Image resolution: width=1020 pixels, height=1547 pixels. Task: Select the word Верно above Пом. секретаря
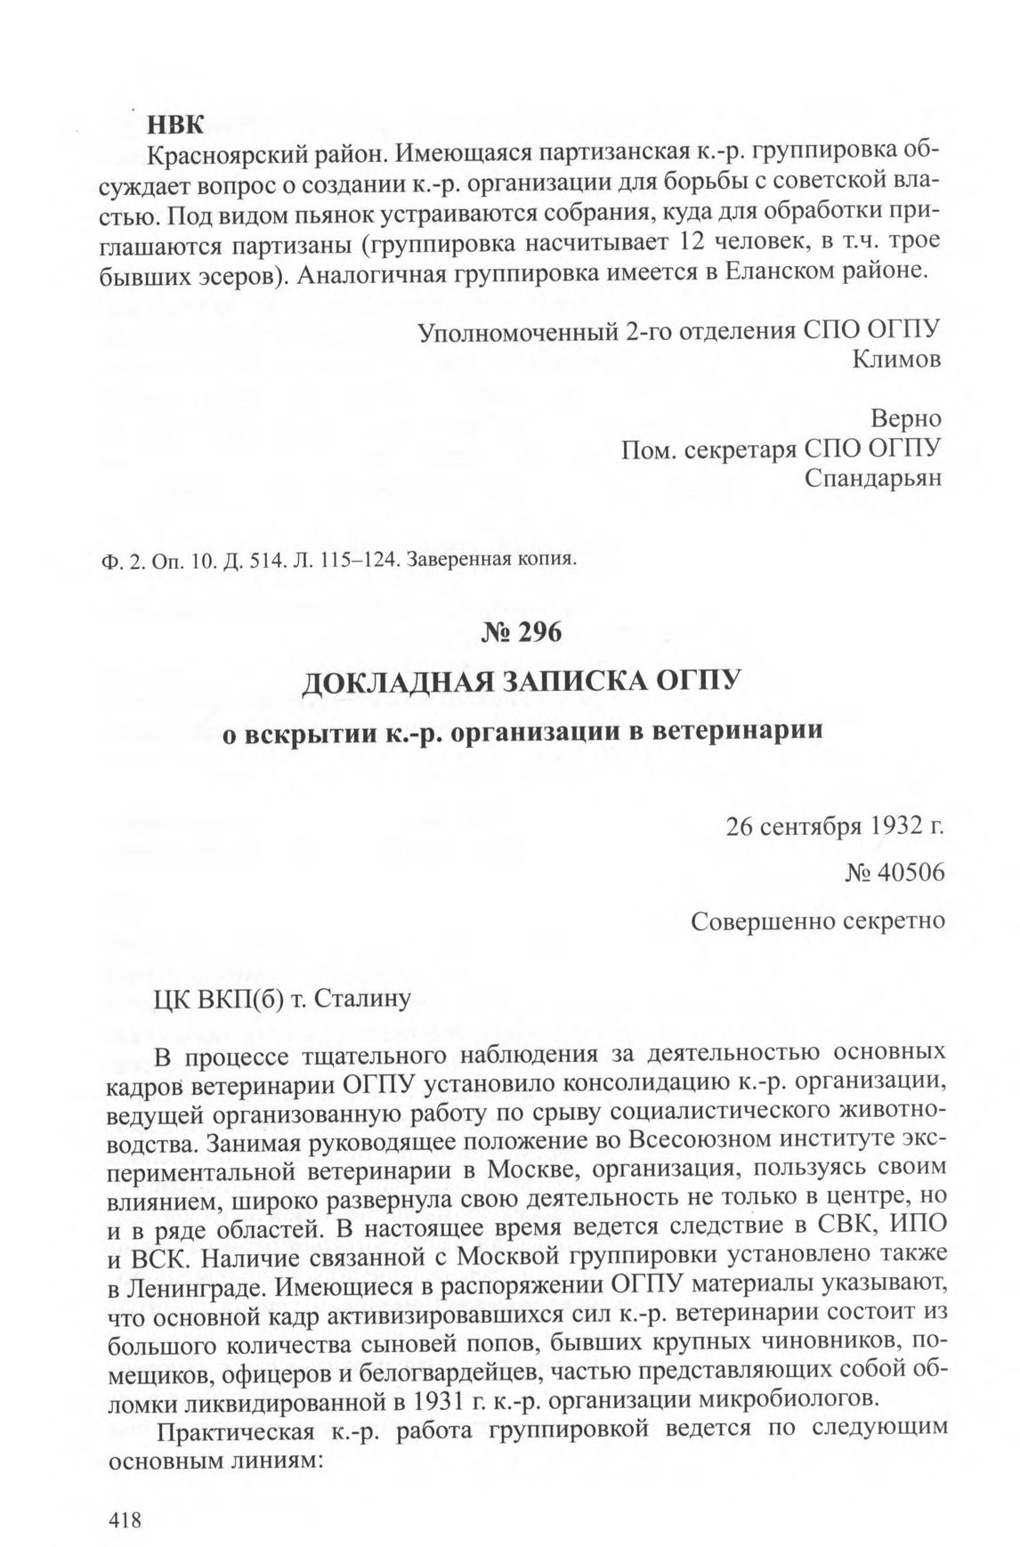tap(906, 418)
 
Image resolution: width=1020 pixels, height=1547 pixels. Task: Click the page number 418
tap(125, 1495)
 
